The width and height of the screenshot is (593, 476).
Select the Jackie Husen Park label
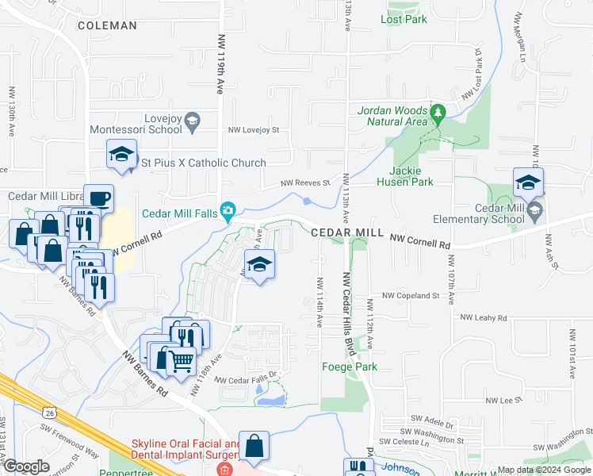[411, 176]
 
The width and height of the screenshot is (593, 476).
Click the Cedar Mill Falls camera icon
[228, 211]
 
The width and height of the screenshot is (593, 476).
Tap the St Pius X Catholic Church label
[204, 163]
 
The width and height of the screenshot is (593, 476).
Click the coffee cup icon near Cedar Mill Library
[98, 198]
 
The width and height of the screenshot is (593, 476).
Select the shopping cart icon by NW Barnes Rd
[182, 360]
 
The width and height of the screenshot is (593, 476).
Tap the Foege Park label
[350, 367]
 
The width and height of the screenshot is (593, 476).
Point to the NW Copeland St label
[410, 295]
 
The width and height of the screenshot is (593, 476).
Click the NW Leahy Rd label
[484, 317]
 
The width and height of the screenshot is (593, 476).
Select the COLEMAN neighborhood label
[108, 25]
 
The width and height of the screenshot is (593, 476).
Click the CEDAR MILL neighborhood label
[346, 232]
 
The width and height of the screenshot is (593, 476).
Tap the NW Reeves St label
[305, 183]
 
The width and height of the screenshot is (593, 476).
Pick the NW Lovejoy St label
[254, 129]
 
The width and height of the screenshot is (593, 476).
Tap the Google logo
[25, 466]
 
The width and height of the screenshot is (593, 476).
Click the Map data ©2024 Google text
[543, 470]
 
